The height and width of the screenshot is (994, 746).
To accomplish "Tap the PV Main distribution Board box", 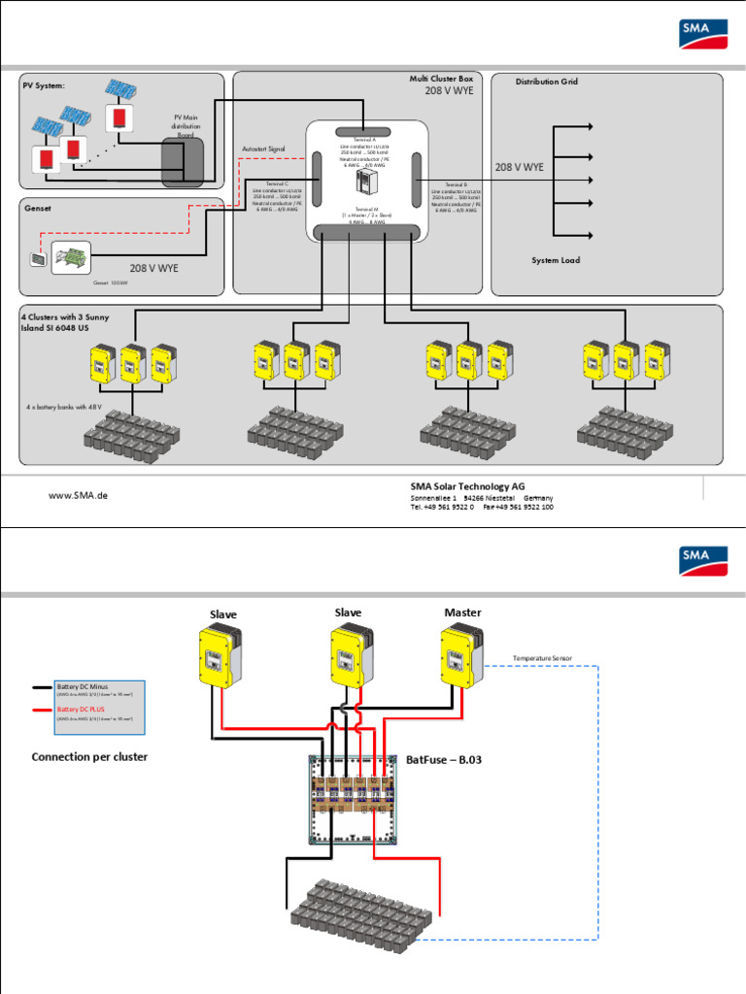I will pyautogui.click(x=183, y=161).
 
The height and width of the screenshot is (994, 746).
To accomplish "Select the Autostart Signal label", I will pyautogui.click(x=263, y=149).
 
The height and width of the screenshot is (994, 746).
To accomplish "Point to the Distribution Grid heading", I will pyautogui.click(x=546, y=82).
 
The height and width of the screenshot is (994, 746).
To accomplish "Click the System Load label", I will pyautogui.click(x=556, y=260).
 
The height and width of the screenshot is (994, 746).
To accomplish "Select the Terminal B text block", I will pyautogui.click(x=457, y=197).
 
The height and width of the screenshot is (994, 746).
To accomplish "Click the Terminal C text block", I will pyautogui.click(x=278, y=197).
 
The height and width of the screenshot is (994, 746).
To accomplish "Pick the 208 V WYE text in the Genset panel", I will pyautogui.click(x=154, y=268).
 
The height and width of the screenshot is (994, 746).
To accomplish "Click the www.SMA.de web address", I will pyautogui.click(x=78, y=495).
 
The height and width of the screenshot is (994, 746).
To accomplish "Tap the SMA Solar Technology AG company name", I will pyautogui.click(x=467, y=486).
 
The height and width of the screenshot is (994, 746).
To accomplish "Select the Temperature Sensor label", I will pyautogui.click(x=542, y=658).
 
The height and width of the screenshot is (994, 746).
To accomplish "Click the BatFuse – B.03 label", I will pyautogui.click(x=443, y=760).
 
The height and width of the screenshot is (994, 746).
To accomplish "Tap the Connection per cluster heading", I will pyautogui.click(x=89, y=756).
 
